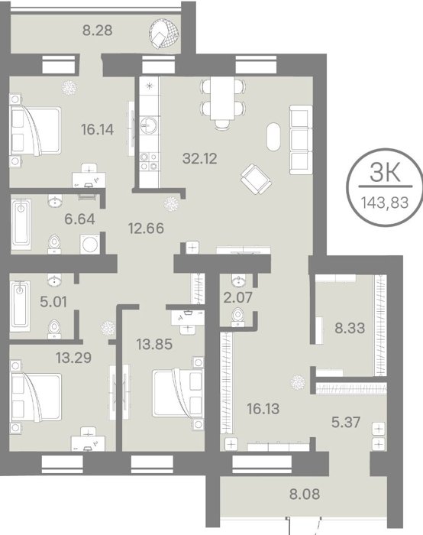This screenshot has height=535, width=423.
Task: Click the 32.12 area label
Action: pyautogui.click(x=200, y=159)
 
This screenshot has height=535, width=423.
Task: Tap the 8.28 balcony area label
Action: pyautogui.click(x=98, y=31)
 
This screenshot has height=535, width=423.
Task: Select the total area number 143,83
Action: pyautogui.click(x=385, y=203)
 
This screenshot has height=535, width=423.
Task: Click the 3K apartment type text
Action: pyautogui.click(x=385, y=173)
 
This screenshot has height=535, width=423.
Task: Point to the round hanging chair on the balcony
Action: pyautogui.click(x=164, y=33)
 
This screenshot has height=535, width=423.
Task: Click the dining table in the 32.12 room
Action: pyautogui.click(x=222, y=98)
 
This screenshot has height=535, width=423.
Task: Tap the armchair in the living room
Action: pyautogui.click(x=256, y=179)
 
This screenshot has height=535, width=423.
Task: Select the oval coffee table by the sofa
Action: pyautogui.click(x=273, y=137)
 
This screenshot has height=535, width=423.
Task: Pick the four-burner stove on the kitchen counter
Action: pyautogui.click(x=150, y=162)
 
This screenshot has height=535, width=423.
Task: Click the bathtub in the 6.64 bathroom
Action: pyautogui.click(x=21, y=224)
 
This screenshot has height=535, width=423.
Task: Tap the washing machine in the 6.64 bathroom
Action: pyautogui.click(x=90, y=245)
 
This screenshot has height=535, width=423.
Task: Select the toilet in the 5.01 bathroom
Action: pyautogui.click(x=54, y=329)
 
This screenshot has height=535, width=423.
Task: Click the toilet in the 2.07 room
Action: pyautogui.click(x=238, y=317)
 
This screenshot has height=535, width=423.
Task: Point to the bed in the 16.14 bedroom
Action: pyautogui.click(x=36, y=131)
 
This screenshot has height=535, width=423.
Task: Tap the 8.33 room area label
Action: pyautogui.click(x=350, y=328)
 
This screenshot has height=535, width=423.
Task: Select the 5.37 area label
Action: pyautogui.click(x=346, y=423)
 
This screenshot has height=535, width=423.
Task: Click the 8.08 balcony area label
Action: pyautogui.click(x=305, y=494)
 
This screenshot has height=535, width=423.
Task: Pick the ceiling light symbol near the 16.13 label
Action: pyautogui.click(x=298, y=382)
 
